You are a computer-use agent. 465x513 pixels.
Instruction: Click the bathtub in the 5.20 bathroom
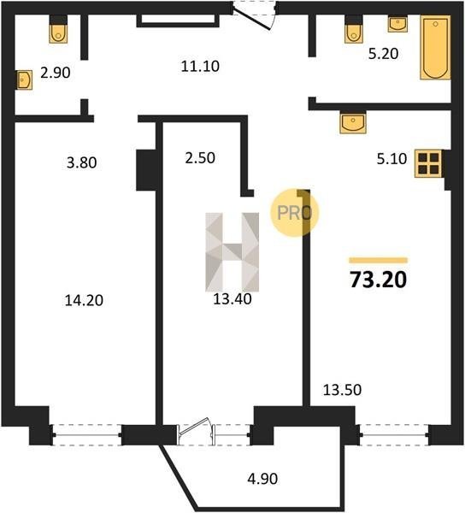pyautogui.click(x=435, y=47)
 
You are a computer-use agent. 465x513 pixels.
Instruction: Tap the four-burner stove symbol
pyautogui.click(x=428, y=163)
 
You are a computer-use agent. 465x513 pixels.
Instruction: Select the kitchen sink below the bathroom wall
pyautogui.click(x=353, y=123)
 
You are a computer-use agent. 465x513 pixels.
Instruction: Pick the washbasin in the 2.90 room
pyautogui.click(x=25, y=80)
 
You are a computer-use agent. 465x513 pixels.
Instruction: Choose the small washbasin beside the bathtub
pyautogui.click(x=397, y=24)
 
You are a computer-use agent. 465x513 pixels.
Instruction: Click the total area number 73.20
pyautogui.click(x=379, y=280)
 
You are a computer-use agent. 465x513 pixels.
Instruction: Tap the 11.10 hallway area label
pyautogui.click(x=200, y=66)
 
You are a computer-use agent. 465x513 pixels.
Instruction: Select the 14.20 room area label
pyautogui.click(x=84, y=300)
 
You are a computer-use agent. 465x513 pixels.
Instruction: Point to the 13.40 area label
pyautogui.click(x=232, y=299)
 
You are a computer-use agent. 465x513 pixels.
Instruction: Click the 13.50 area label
pyautogui.click(x=343, y=390)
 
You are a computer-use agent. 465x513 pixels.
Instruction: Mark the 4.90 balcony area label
pyautogui.click(x=263, y=479)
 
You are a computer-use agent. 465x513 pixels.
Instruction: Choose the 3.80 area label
pyautogui.click(x=82, y=162)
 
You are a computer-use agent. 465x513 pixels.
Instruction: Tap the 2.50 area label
pyautogui.click(x=200, y=158)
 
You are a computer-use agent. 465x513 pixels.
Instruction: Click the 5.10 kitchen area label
pyautogui.click(x=391, y=159)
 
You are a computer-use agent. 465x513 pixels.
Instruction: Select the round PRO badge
pyautogui.click(x=294, y=213)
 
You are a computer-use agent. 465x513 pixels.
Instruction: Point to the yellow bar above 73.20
pyautogui.click(x=379, y=261)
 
